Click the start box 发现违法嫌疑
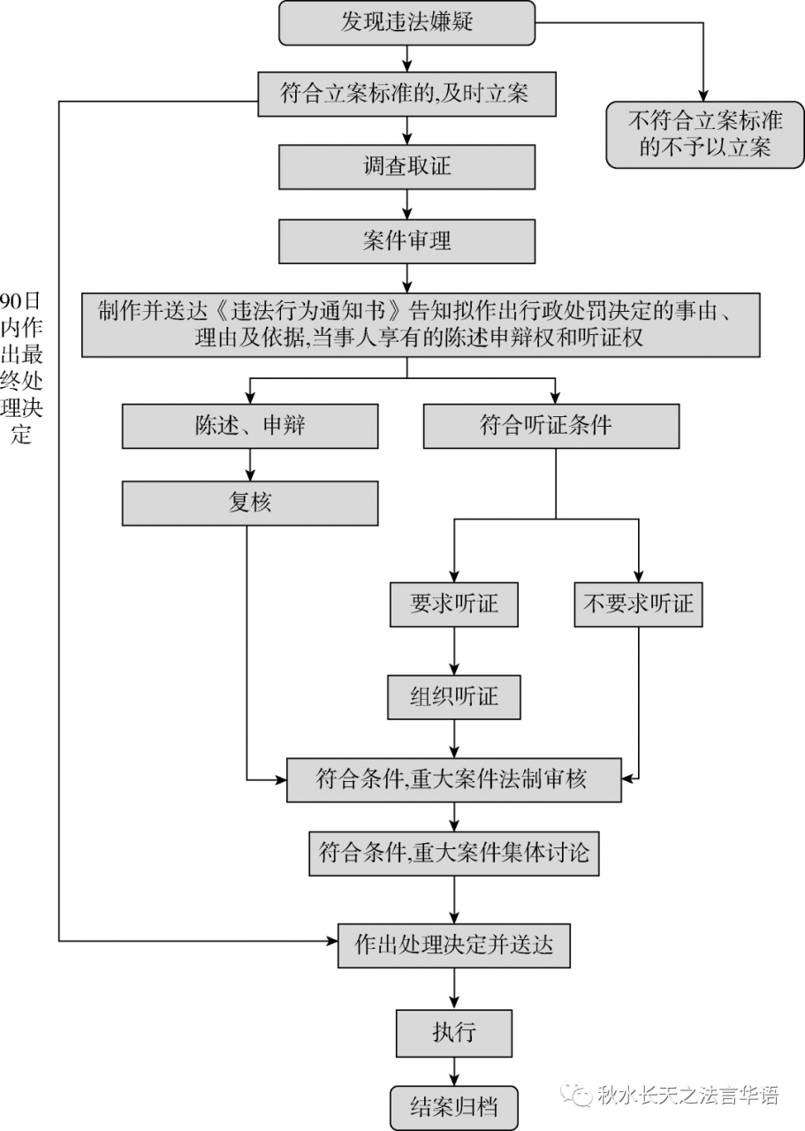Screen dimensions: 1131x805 pyautogui.click(x=406, y=23)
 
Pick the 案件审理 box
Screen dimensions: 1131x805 pyautogui.click(x=406, y=241)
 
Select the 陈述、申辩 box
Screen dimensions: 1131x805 pyautogui.click(x=250, y=427)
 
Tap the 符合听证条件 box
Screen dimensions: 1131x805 pyautogui.click(x=551, y=427)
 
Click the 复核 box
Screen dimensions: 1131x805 pyautogui.click(x=250, y=504)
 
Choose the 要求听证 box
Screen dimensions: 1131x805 pyautogui.click(x=454, y=604)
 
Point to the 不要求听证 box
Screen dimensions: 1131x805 pyautogui.click(x=638, y=604)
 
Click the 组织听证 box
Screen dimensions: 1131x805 pyautogui.click(x=454, y=697)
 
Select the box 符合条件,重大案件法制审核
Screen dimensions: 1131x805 pyautogui.click(x=454, y=779)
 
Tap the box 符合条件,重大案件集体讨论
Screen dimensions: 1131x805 pyautogui.click(x=454, y=854)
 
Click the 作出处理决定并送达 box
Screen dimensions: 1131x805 pyautogui.click(x=454, y=945)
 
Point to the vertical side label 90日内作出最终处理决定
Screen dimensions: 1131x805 pyautogui.click(x=21, y=367)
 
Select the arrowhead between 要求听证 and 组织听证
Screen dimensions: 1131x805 pyautogui.click(x=454, y=669)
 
